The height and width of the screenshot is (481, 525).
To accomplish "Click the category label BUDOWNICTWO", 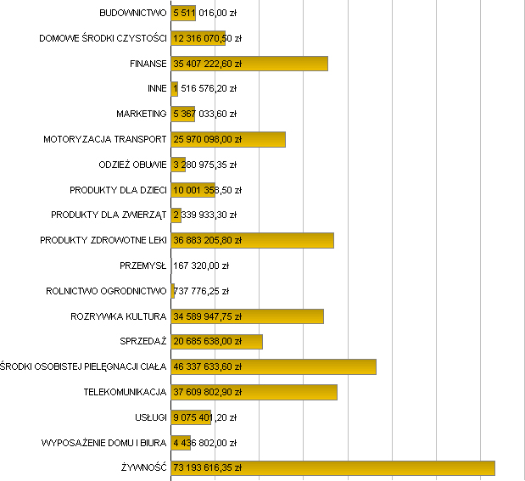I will click(133, 13).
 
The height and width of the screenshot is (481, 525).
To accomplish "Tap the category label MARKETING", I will click(142, 114).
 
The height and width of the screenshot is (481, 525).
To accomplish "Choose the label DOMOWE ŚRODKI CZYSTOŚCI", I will click(103, 38).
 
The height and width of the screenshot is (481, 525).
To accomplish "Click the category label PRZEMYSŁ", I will click(143, 266).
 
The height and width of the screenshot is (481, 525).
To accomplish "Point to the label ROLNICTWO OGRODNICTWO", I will click(107, 291).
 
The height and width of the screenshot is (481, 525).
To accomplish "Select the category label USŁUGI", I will click(150, 417).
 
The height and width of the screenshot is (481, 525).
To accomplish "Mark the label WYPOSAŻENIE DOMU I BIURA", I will click(104, 443).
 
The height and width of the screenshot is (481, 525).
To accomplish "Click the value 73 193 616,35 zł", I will click(208, 468).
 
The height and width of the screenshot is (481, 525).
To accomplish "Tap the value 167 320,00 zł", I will click(201, 266).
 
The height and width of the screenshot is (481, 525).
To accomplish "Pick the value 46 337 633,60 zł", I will click(208, 367).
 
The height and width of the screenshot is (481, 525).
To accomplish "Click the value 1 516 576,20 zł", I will click(204, 88).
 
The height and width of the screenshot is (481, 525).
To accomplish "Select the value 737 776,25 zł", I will click(201, 291).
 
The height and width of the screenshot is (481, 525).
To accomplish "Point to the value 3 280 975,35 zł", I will click(204, 165).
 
